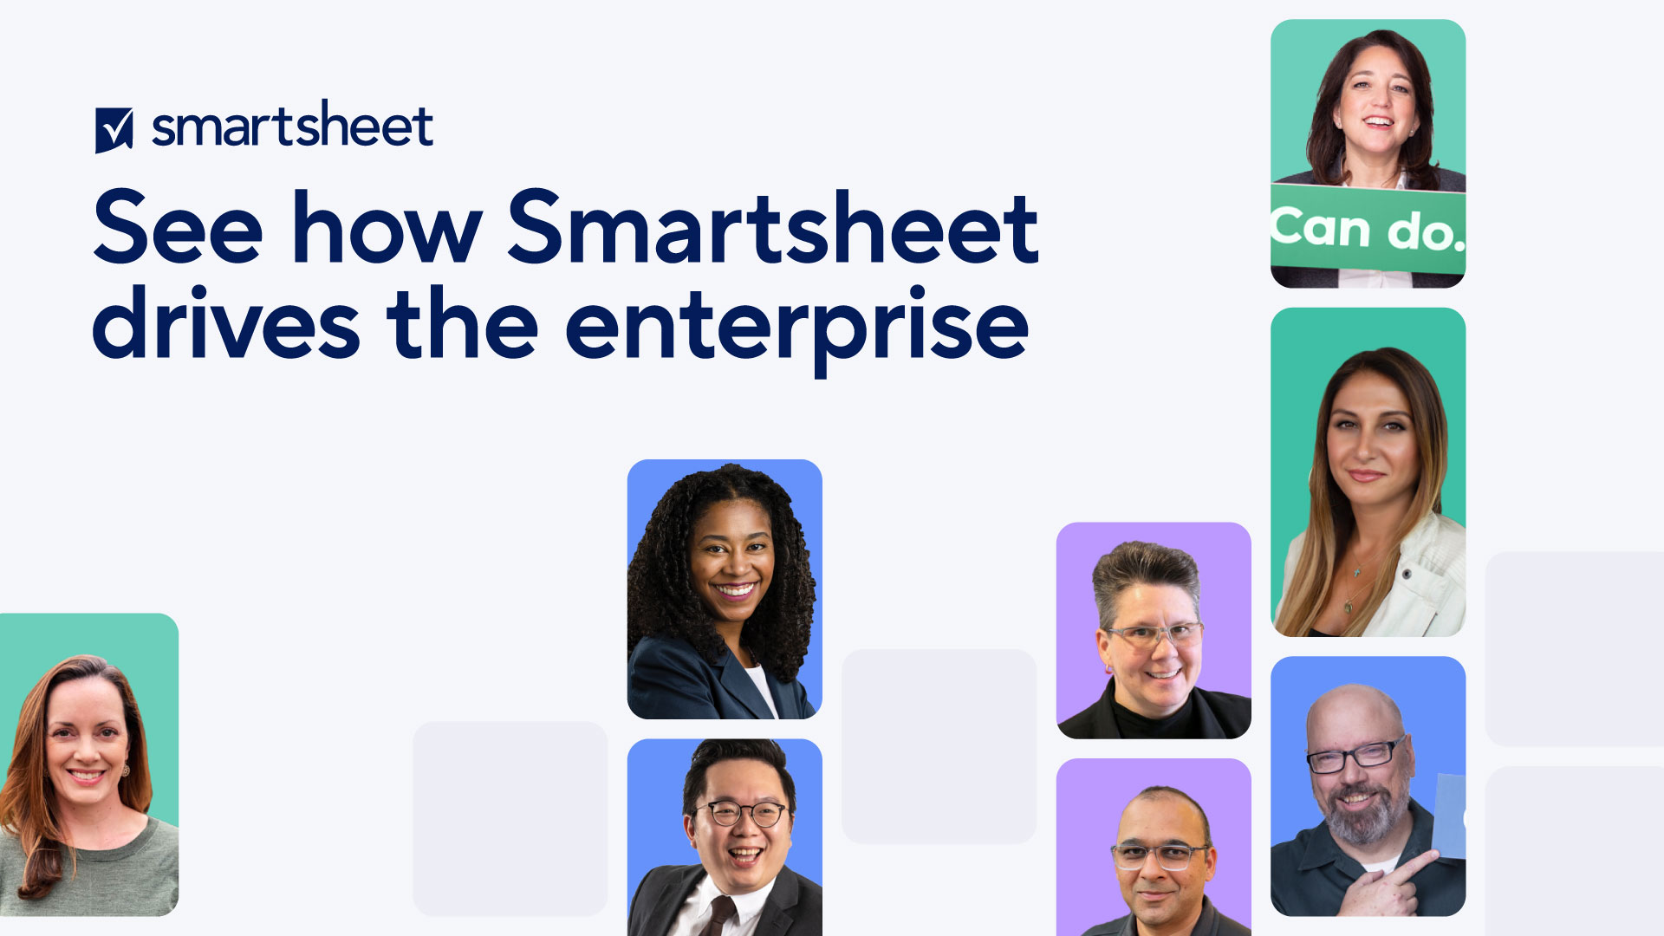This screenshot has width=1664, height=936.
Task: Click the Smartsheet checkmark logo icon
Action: coord(114,130)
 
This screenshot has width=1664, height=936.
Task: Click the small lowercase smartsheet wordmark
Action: coord(292,127)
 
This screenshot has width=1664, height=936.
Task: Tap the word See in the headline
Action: coord(178,228)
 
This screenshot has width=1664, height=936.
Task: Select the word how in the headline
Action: coord(387,228)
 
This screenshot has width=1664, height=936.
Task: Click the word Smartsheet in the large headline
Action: coord(772,228)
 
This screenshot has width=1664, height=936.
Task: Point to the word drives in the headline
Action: coord(225,325)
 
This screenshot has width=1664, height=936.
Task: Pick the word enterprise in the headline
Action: coord(796,328)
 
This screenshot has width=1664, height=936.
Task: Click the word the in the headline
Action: coord(463,325)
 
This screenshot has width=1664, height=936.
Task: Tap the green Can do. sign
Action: coord(1368,229)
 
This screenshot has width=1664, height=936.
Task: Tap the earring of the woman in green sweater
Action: coord(126,769)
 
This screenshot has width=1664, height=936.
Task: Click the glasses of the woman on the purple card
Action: coord(1154,635)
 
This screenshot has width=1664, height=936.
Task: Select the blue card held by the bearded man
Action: coord(1449,815)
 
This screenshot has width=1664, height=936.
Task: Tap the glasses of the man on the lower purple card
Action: coord(1160,856)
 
